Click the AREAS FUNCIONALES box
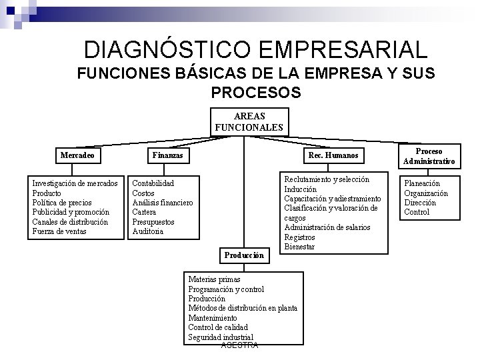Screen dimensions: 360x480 pyautogui.click(x=249, y=121)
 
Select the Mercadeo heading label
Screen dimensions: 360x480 pyautogui.click(x=77, y=155)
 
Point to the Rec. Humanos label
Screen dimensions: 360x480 pyautogui.click(x=333, y=155)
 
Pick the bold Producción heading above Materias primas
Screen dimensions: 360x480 pyautogui.click(x=244, y=255)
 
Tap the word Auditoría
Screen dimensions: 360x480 pyautogui.click(x=148, y=231)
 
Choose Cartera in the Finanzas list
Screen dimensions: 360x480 pyautogui.click(x=145, y=212)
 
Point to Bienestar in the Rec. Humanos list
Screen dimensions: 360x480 pyautogui.click(x=299, y=247)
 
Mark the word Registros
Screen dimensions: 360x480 pyautogui.click(x=299, y=237)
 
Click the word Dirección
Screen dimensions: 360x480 pyautogui.click(x=420, y=203)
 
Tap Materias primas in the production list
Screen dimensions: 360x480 pyautogui.click(x=214, y=279)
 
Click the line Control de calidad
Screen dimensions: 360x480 pyautogui.click(x=217, y=327)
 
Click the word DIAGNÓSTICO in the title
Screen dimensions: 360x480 pyautogui.click(x=170, y=50)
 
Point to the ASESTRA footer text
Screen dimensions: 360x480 pyautogui.click(x=239, y=345)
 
